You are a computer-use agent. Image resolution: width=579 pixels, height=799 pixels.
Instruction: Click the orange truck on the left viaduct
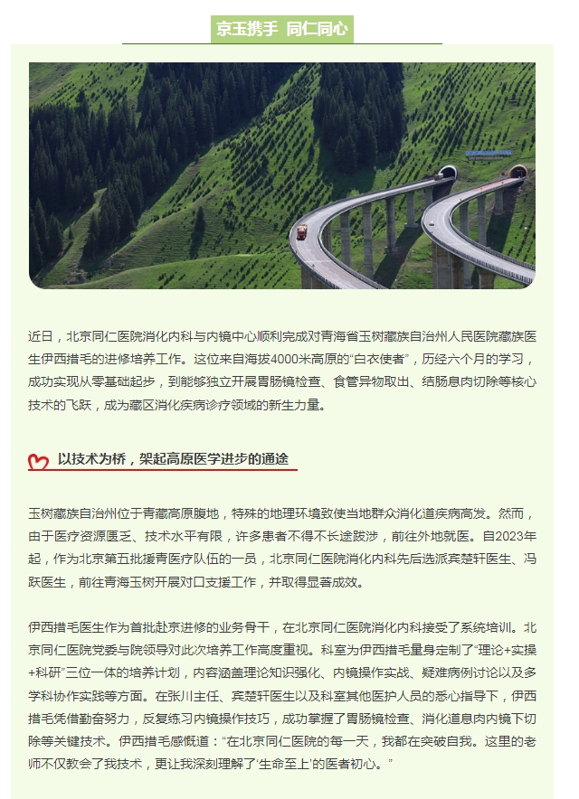click(x=299, y=232)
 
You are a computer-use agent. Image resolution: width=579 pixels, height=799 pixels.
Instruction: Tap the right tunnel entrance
click(x=517, y=172)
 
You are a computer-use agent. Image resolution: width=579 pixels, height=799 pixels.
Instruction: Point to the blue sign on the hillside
click(x=488, y=154)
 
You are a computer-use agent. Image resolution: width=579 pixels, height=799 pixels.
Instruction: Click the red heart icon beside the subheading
click(x=38, y=462)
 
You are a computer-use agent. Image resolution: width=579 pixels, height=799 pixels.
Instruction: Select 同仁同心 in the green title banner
click(x=317, y=29)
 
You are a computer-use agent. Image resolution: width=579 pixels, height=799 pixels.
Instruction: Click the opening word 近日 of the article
click(x=41, y=336)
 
